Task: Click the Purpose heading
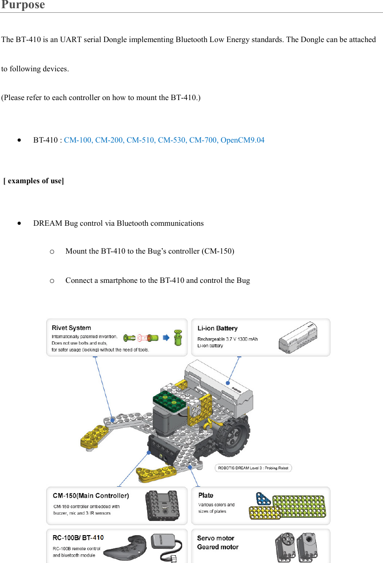tap(23, 5)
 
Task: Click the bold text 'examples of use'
tap(35, 181)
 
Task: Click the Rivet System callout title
tap(71, 328)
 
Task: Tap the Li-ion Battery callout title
tap(217, 328)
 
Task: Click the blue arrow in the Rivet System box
tap(166, 338)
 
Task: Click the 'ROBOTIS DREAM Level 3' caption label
tap(253, 468)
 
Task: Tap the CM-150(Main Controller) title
tap(91, 495)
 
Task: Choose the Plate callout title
tap(206, 495)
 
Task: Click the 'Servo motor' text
tap(215, 538)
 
